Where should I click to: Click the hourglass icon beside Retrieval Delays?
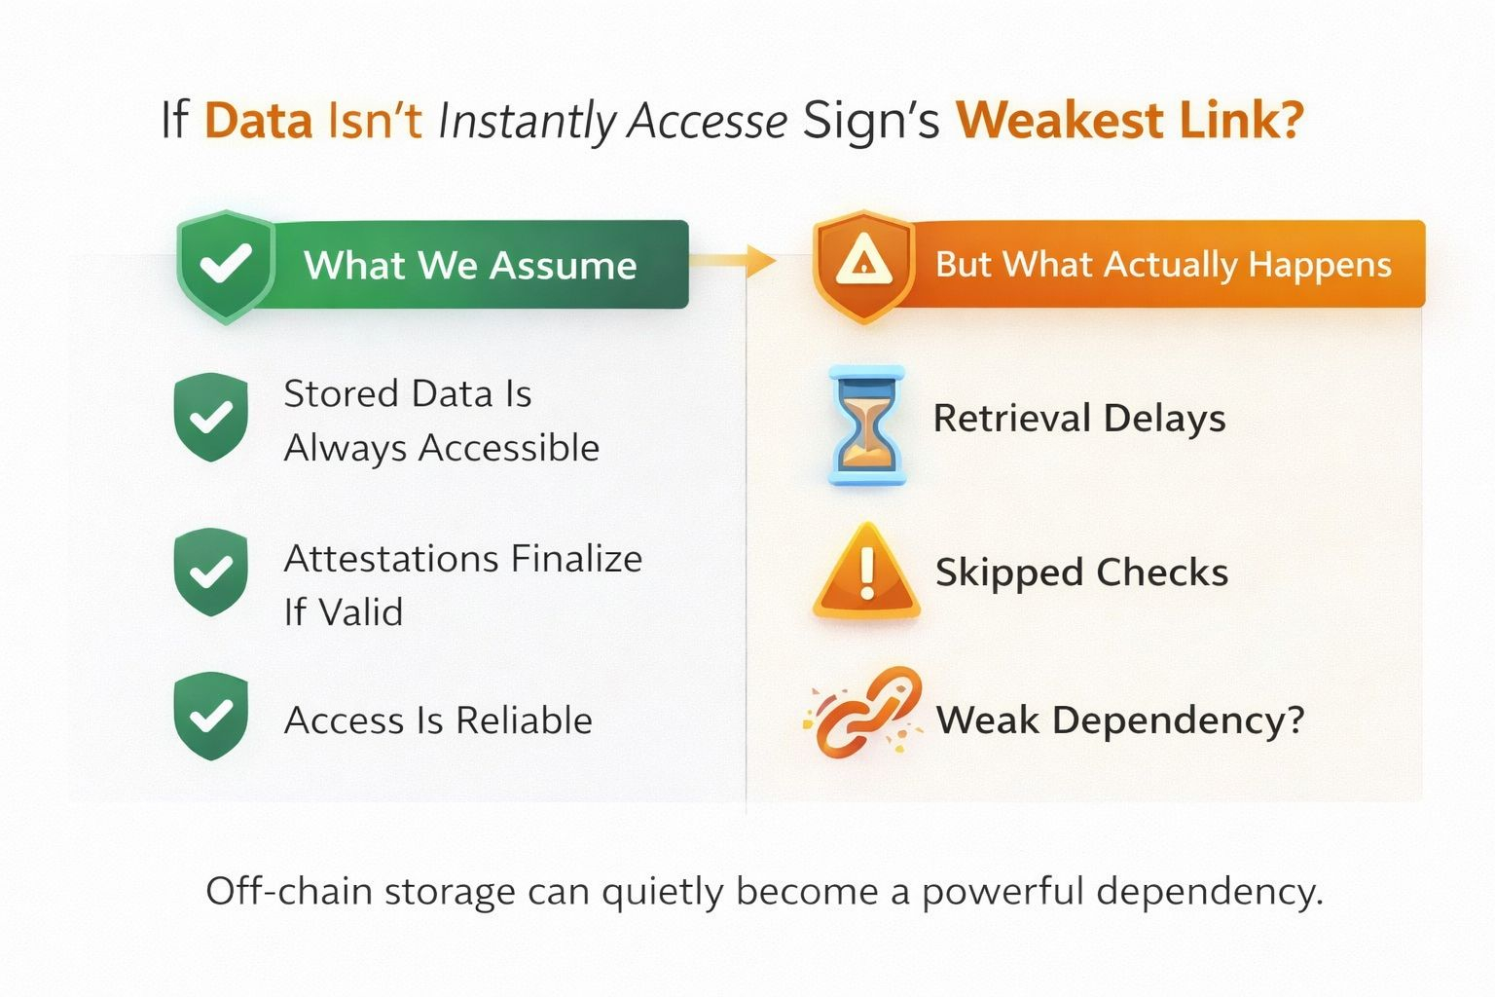(x=865, y=425)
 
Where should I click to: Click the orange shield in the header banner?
(x=863, y=264)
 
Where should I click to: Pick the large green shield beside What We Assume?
(x=226, y=265)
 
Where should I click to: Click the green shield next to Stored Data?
(x=210, y=417)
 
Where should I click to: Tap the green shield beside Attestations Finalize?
(x=210, y=572)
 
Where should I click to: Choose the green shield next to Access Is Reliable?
(x=210, y=716)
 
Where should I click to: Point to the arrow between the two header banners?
(x=734, y=260)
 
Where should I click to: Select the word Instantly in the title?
(x=527, y=122)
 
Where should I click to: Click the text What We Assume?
(x=470, y=265)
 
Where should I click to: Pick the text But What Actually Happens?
(x=1163, y=264)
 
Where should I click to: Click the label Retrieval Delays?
(x=1079, y=419)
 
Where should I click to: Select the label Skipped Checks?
(x=1081, y=572)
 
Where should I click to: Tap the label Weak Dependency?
(x=1119, y=720)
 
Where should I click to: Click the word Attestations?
(x=391, y=559)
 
